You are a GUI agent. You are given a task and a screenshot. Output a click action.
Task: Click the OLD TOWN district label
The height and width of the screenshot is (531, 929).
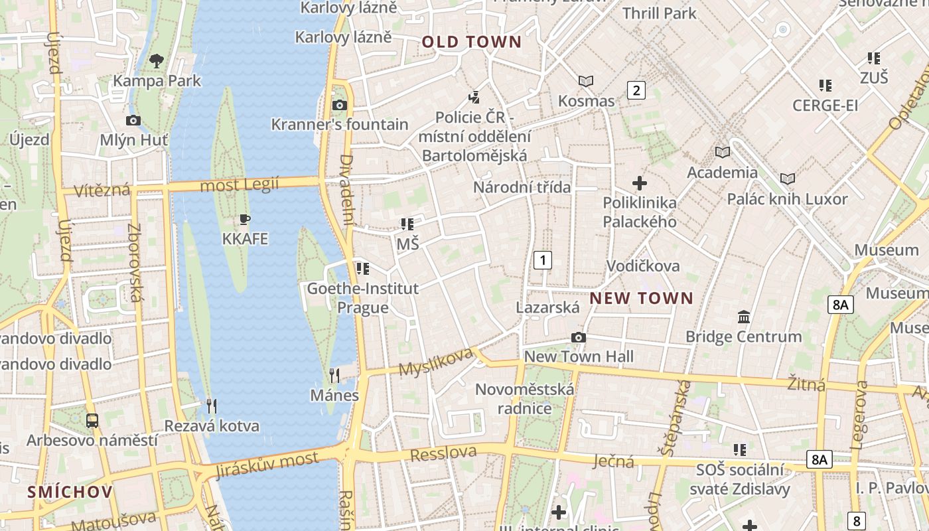(472, 42)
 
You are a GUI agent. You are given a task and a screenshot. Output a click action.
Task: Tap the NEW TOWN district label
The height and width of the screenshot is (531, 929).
(641, 299)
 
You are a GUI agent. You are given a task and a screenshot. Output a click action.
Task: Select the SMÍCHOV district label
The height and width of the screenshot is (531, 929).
(70, 492)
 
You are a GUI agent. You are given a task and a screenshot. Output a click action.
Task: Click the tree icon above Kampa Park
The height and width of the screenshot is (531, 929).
(157, 62)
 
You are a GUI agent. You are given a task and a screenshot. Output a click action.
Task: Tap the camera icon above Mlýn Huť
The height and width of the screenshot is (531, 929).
(133, 120)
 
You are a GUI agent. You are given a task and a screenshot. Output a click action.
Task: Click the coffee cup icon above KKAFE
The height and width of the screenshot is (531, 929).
(245, 219)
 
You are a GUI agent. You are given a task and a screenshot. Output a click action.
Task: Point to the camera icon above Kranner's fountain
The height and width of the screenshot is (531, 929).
(339, 105)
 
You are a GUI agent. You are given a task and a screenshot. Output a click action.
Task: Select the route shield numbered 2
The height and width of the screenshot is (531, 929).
(636, 90)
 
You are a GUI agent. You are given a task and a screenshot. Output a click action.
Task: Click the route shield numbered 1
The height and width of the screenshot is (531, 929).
(543, 260)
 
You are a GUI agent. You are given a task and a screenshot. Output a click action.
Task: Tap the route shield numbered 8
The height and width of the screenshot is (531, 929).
(857, 520)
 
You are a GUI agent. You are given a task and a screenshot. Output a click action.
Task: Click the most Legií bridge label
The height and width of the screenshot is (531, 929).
(240, 185)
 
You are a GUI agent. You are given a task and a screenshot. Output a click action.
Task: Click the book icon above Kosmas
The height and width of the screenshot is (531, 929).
(586, 82)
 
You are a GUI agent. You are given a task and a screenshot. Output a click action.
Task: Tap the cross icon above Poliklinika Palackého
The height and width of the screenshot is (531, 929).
(640, 183)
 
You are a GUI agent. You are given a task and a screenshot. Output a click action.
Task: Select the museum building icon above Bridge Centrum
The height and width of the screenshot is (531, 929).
(744, 317)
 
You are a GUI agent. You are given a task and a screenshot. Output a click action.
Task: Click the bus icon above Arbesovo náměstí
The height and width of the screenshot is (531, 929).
(92, 420)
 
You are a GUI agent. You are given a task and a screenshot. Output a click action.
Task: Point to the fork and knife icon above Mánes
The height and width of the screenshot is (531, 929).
(334, 376)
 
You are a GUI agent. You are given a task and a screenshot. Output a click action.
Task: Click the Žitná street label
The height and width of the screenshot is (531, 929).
(806, 384)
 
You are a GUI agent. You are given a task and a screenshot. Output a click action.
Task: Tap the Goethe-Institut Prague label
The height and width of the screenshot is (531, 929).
(362, 298)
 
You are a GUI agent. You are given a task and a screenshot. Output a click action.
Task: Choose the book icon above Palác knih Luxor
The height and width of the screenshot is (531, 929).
(788, 179)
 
